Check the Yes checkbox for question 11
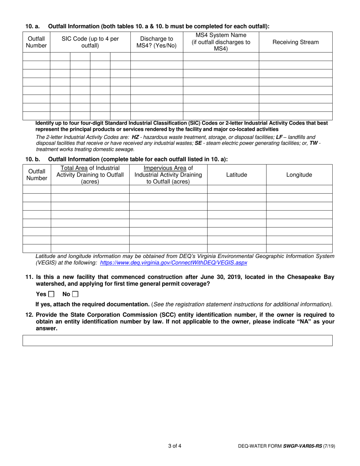click(x=51, y=294)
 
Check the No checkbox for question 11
click(x=75, y=294)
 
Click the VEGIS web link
click(x=173, y=263)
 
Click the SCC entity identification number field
click(x=177, y=340)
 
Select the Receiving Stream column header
click(x=296, y=42)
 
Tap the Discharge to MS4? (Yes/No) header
click(x=157, y=42)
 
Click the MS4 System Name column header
click(x=221, y=42)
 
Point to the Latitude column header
click(x=236, y=175)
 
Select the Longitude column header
click(x=299, y=175)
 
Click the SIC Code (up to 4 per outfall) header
click(x=90, y=42)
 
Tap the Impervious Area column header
click(x=168, y=175)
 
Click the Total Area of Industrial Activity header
click(x=90, y=175)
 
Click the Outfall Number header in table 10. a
click(x=36, y=42)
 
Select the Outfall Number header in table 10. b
click(x=36, y=175)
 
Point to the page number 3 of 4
click(x=175, y=446)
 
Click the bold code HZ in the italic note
click(x=135, y=137)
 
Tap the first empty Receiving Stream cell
click(x=296, y=57)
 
